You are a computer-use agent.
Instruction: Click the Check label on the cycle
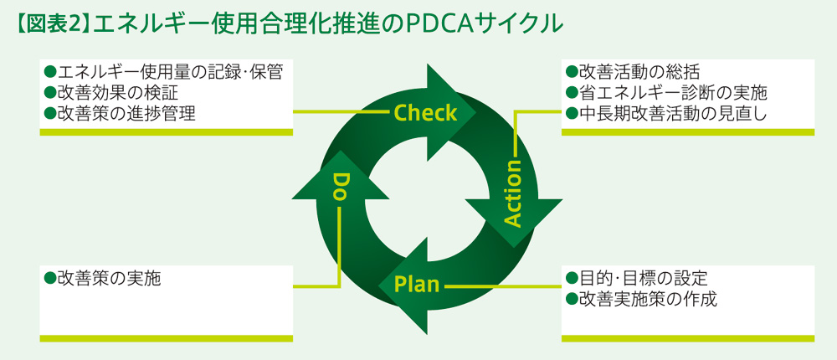[x=425, y=112]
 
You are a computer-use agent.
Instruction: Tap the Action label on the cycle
[x=513, y=194]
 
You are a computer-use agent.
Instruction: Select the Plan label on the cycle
[x=417, y=285]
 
